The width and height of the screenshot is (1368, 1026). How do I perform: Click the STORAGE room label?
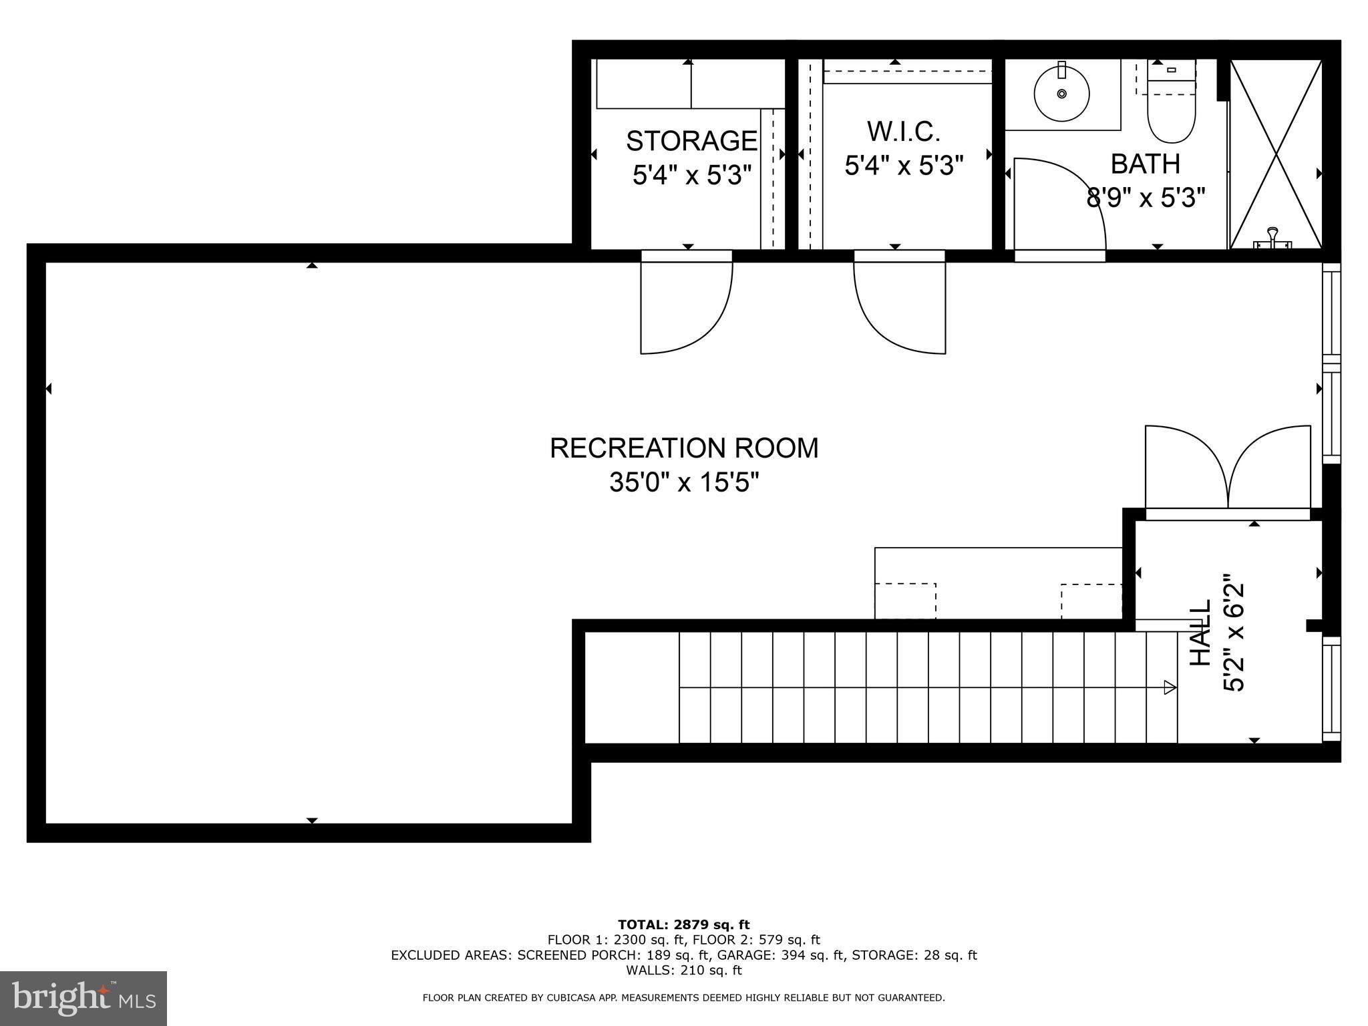click(691, 141)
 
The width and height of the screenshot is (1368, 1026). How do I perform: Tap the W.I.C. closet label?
click(904, 132)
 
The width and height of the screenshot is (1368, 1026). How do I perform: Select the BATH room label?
click(1146, 164)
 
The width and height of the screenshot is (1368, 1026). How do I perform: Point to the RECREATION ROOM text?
click(684, 448)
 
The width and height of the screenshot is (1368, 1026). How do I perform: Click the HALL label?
click(1202, 633)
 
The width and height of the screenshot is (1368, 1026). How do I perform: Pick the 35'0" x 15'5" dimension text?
click(685, 482)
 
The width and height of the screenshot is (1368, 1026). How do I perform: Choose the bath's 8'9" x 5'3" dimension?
click(1146, 198)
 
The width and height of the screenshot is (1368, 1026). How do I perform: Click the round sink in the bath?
click(1061, 94)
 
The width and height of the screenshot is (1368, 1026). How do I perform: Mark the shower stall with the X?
click(1276, 154)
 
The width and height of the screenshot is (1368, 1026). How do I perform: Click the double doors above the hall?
click(1228, 467)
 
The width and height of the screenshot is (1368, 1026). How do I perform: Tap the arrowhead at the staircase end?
click(1170, 687)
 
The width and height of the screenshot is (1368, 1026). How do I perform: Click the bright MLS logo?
click(83, 999)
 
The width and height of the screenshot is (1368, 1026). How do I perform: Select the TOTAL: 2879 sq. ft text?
click(684, 925)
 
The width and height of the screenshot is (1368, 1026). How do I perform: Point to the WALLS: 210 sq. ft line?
click(684, 971)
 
